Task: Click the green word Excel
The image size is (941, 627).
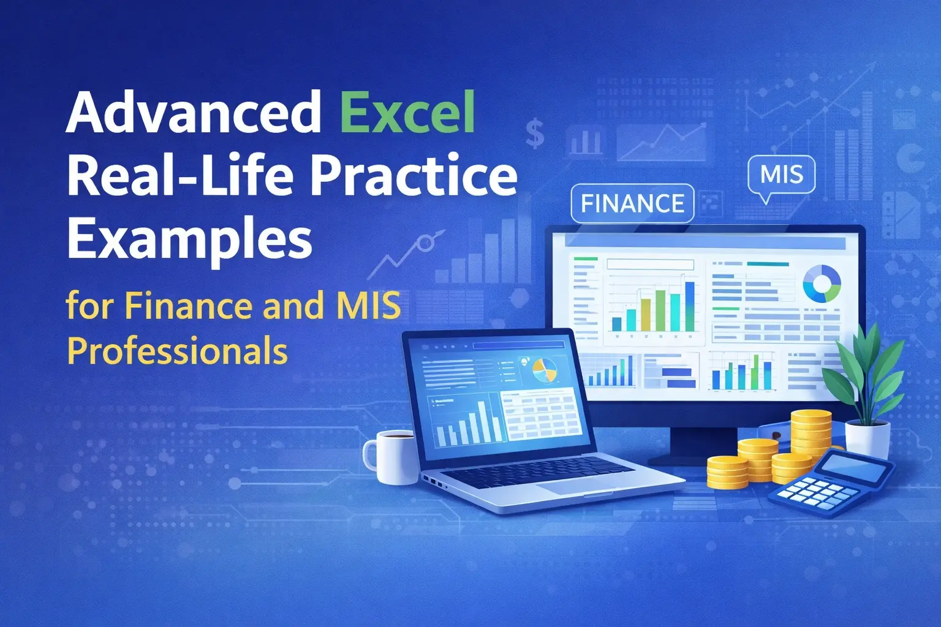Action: point(407,113)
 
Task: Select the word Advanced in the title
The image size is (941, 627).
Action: point(194,112)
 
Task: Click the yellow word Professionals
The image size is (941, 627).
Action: point(177,351)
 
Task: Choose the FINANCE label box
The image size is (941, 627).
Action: point(632,203)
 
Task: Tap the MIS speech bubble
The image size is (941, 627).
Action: point(781,175)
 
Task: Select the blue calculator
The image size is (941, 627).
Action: point(831,482)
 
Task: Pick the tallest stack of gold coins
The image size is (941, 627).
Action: point(810,438)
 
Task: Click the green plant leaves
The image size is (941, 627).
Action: point(864,374)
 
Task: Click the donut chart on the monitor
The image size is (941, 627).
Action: point(822,283)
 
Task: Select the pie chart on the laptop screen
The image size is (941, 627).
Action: point(543,370)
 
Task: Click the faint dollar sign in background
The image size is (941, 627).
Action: point(535,133)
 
